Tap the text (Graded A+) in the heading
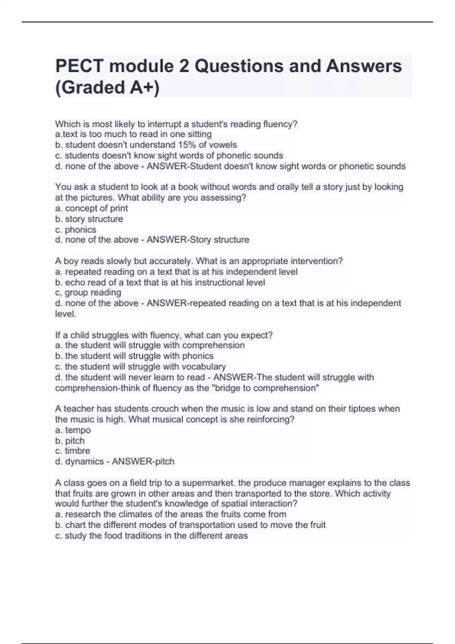(x=107, y=88)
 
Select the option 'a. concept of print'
(x=91, y=208)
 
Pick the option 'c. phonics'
(x=75, y=230)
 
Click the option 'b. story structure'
(x=89, y=219)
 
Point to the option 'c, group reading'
(x=88, y=292)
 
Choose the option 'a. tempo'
(x=73, y=430)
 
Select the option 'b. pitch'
(x=70, y=441)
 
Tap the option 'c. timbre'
(x=72, y=451)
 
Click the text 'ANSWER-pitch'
(x=143, y=461)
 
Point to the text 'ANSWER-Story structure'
(x=198, y=240)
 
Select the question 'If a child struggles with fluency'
(x=164, y=335)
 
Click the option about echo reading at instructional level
(x=160, y=282)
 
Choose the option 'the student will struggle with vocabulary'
(x=140, y=367)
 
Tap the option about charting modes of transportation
(x=190, y=525)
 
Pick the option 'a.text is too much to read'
(x=133, y=134)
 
